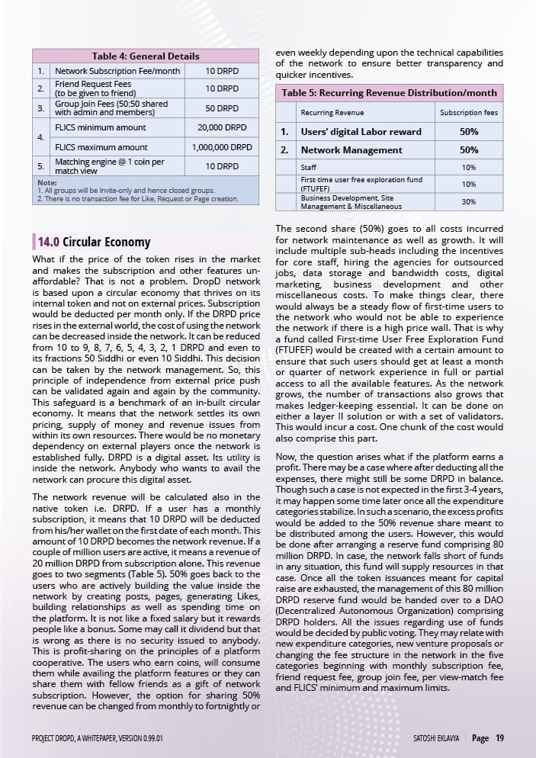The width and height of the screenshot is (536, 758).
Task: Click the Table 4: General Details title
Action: [x=145, y=56]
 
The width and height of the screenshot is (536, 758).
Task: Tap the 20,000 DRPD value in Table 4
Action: [x=222, y=127]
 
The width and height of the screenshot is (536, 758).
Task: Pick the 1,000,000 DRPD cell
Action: [x=222, y=147]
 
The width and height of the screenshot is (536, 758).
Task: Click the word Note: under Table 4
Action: [x=47, y=182]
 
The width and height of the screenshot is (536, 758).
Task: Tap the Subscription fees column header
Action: [x=469, y=113]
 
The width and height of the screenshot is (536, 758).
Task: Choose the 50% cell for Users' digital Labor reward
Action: [x=469, y=131]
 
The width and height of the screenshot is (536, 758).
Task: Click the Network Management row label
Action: [x=351, y=150]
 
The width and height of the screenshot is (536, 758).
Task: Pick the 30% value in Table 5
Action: [x=469, y=201]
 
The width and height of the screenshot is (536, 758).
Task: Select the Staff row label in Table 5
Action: [x=309, y=167]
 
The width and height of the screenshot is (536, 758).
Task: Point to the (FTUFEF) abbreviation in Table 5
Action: [x=315, y=188]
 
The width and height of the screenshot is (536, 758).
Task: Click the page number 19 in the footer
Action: [x=499, y=737]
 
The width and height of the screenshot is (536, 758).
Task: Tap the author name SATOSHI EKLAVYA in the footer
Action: [x=432, y=737]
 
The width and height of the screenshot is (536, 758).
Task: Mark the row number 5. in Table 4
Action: [x=41, y=165]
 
